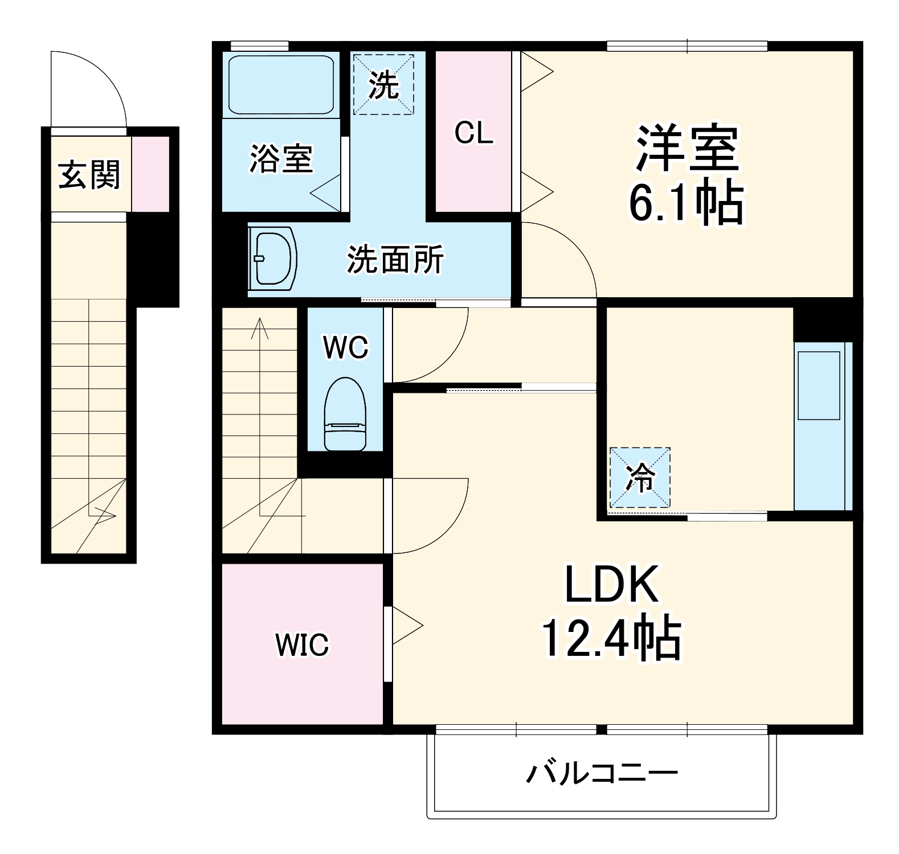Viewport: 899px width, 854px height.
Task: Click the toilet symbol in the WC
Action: [x=345, y=414]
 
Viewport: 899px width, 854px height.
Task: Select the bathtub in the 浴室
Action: [x=281, y=85]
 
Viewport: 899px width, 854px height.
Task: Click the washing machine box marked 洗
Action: [x=383, y=84]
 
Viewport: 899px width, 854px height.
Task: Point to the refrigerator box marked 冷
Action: [x=640, y=477]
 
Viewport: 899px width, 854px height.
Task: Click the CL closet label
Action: [x=473, y=133]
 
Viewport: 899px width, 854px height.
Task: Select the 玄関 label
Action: [x=89, y=174]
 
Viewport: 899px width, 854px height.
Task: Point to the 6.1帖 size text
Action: [x=686, y=203]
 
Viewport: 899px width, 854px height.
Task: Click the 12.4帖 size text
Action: [x=611, y=638]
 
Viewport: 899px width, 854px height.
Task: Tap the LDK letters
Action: [x=612, y=585]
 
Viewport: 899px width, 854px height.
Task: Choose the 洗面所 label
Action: [x=395, y=260]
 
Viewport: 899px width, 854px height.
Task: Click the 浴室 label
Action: [x=281, y=159]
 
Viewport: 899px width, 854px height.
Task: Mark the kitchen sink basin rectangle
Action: [x=819, y=385]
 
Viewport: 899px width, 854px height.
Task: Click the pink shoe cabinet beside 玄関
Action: [x=151, y=174]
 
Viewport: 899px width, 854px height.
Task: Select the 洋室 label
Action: [x=687, y=148]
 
